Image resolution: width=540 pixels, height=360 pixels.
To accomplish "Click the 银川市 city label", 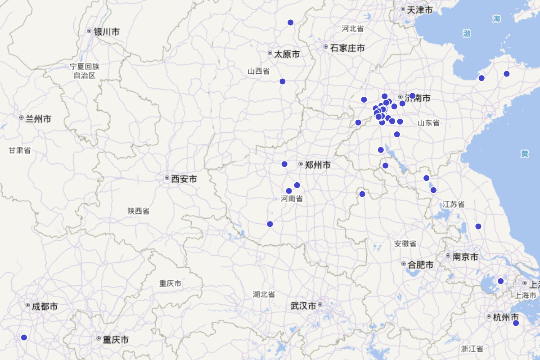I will pyautogui.click(x=106, y=31).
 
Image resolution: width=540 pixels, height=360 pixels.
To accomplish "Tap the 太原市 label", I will pyautogui.click(x=287, y=54).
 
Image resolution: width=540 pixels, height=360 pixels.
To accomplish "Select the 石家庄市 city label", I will pyautogui.click(x=347, y=48).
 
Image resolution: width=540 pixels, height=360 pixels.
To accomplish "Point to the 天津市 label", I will pyautogui.click(x=419, y=10).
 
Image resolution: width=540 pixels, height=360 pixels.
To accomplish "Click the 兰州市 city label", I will pyautogui.click(x=38, y=119).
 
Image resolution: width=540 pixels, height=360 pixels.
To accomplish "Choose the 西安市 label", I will pyautogui.click(x=184, y=179).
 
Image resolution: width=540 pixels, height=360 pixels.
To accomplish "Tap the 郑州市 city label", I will pyautogui.click(x=317, y=165).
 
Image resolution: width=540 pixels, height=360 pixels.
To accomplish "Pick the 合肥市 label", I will pyautogui.click(x=420, y=265).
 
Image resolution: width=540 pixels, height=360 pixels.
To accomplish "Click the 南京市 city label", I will pyautogui.click(x=465, y=257).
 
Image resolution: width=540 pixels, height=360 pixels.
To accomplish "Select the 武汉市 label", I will pyautogui.click(x=303, y=306).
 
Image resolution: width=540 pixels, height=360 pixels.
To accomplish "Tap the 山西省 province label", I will pyautogui.click(x=259, y=71).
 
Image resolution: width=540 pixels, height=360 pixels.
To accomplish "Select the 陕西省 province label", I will pyautogui.click(x=138, y=211).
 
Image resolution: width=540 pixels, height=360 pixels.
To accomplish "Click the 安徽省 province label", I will pyautogui.click(x=405, y=243).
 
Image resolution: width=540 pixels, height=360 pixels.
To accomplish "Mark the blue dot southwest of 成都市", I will pyautogui.click(x=24, y=337).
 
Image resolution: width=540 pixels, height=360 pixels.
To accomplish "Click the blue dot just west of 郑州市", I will pyautogui.click(x=284, y=164).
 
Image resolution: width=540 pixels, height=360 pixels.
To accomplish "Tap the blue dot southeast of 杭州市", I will pyautogui.click(x=516, y=323).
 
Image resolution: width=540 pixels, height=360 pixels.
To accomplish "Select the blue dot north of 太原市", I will pyautogui.click(x=290, y=22).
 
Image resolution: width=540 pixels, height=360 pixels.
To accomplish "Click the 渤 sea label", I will pyautogui.click(x=467, y=33).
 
